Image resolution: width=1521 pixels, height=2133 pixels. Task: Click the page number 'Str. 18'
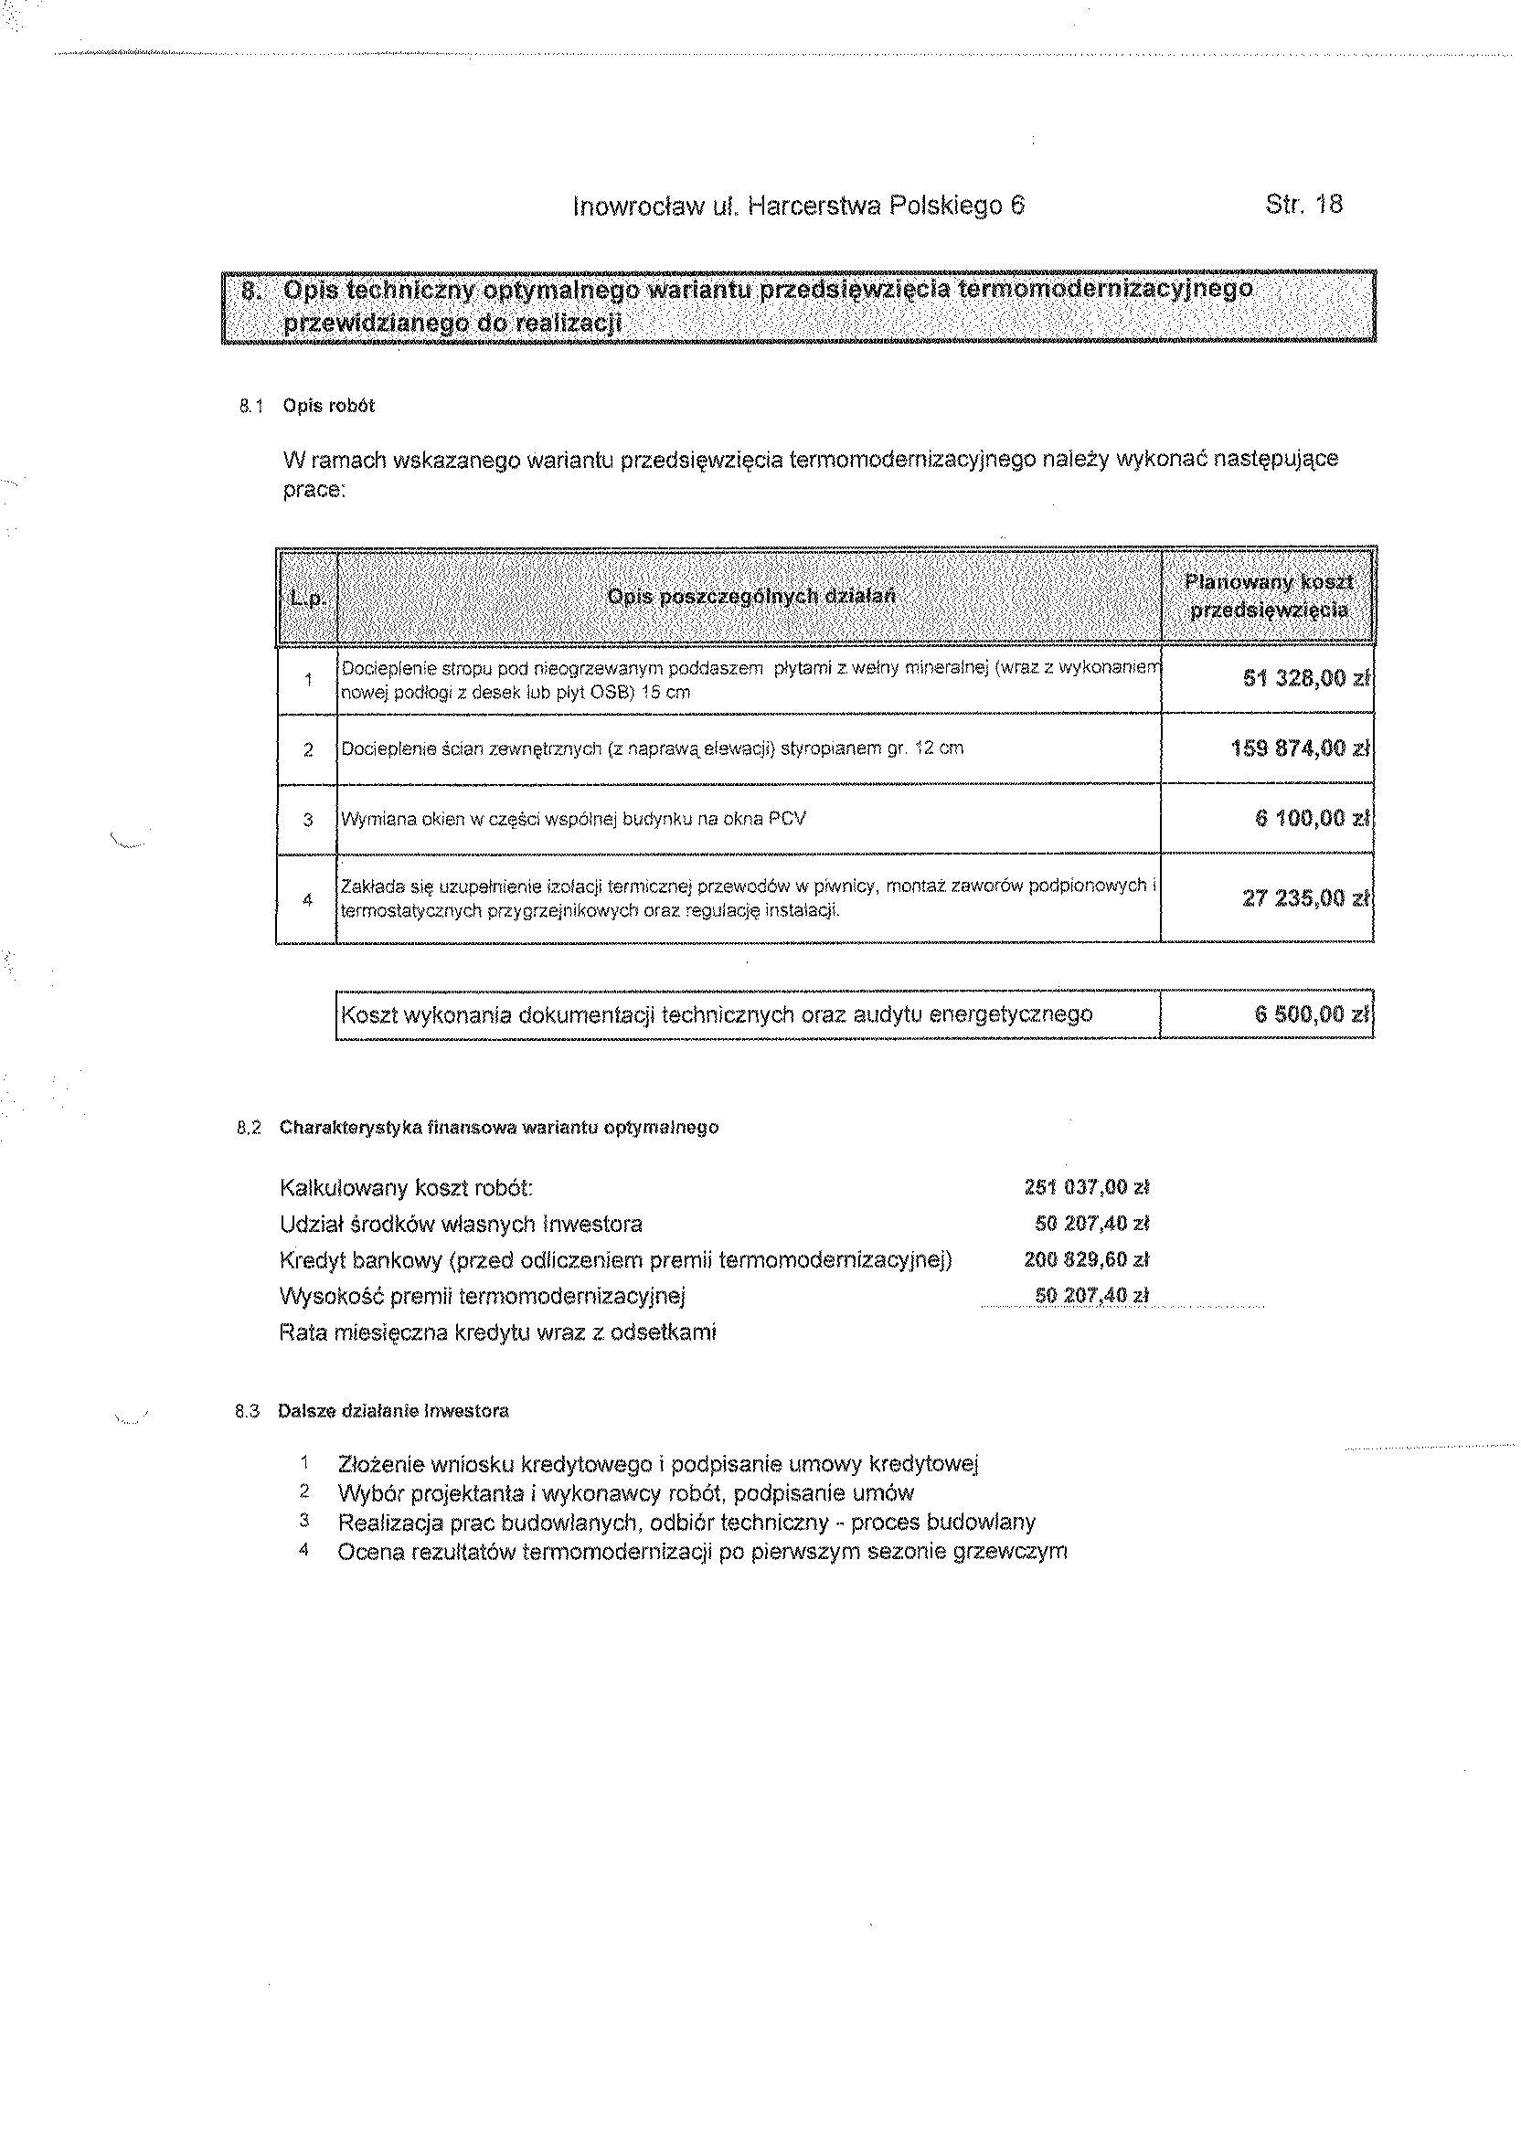coord(1303,204)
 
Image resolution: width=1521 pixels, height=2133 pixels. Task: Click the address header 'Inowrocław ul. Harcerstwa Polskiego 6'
coord(798,206)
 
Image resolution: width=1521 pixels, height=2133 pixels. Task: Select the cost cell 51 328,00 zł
coord(1305,678)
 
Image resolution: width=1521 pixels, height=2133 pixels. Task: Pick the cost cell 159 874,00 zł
coord(1300,748)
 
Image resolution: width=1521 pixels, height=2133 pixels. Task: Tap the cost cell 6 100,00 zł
coord(1311,818)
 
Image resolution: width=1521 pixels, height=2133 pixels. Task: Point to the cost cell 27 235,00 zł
coord(1305,898)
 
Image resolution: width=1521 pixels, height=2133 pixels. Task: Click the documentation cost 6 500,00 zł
coord(1311,1014)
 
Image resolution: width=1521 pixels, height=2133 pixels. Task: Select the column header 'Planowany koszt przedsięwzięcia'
coord(1269,597)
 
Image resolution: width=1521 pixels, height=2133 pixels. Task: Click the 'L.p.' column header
coord(307,598)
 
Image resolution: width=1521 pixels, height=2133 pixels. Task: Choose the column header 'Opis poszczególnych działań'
coord(751,597)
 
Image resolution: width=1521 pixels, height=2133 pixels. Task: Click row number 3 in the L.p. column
coord(307,820)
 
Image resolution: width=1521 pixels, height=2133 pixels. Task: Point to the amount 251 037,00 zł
coord(1087,1188)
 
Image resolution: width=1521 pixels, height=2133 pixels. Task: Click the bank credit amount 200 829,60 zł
coord(1087,1260)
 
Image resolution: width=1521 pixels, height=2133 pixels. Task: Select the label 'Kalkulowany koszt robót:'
coord(407,1189)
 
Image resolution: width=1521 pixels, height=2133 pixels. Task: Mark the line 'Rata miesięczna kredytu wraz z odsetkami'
coord(497,1332)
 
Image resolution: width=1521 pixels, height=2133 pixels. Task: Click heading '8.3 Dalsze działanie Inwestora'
coord(373,1411)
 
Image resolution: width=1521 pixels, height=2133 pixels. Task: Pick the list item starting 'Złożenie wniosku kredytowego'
coord(657,1463)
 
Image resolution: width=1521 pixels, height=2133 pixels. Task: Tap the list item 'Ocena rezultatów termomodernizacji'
coord(701,1552)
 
